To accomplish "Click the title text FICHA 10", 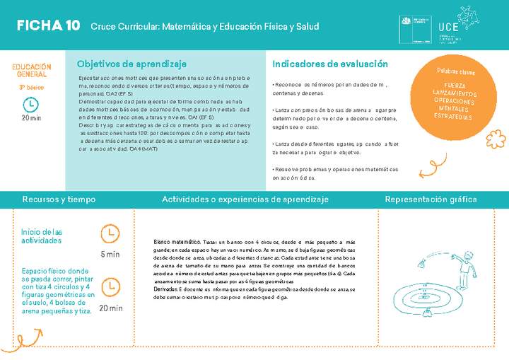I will [x=47, y=26].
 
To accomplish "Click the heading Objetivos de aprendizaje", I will [x=131, y=64].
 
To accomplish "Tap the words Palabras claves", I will [x=455, y=71].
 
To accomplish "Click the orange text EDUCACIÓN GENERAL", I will [x=31, y=70].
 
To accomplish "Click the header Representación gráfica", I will [x=431, y=199].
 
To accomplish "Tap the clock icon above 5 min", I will [x=110, y=233].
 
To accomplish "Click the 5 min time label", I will [x=110, y=254].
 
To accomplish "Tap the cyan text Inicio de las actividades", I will [x=42, y=236].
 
